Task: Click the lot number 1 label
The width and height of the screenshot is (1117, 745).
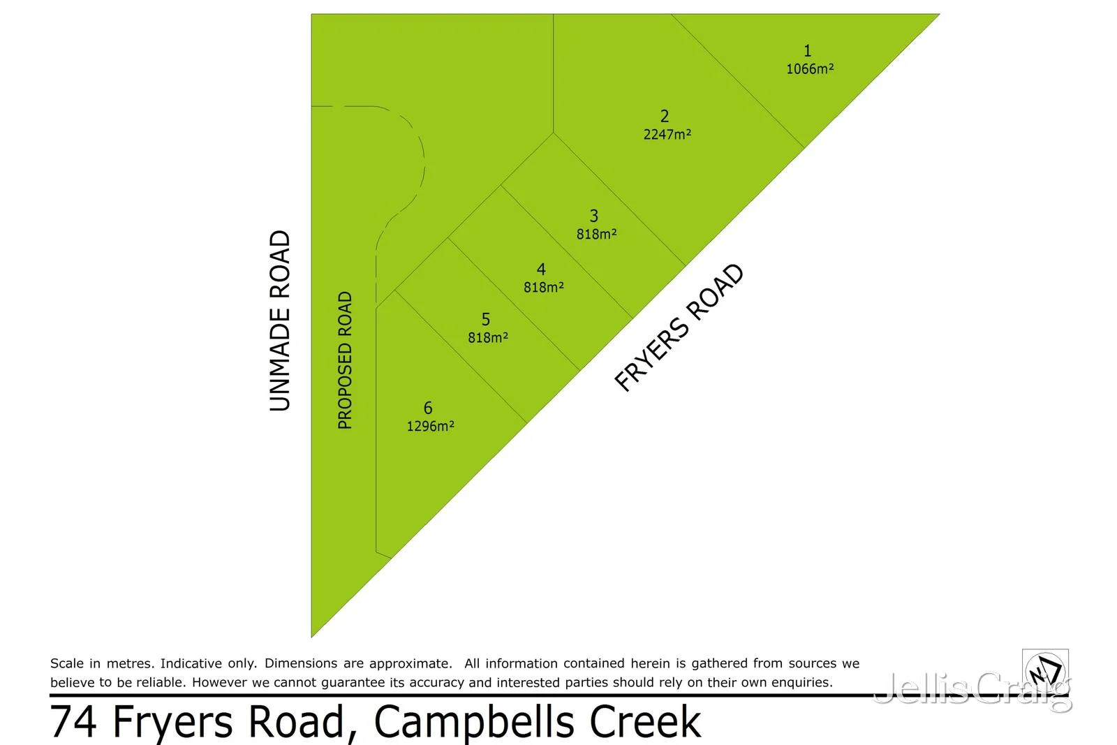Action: pos(808,51)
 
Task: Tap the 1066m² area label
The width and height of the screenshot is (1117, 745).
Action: pos(810,68)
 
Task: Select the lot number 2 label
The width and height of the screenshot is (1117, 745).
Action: pos(665,117)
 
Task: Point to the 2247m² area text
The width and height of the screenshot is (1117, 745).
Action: pos(667,134)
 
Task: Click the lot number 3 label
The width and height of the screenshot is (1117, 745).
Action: pos(594,216)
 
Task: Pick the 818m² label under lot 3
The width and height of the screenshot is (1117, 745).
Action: pos(596,234)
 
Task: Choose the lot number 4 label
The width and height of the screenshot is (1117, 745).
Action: pos(541,270)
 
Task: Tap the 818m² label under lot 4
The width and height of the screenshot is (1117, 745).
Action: pos(544,287)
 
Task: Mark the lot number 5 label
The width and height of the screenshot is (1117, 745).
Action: pos(486,320)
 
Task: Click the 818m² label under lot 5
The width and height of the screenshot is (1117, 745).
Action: pos(488,337)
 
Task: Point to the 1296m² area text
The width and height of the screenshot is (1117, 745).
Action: pos(430,426)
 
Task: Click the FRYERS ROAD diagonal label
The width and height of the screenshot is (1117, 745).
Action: pos(679,327)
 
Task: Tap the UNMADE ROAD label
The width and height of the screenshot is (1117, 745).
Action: pos(280,321)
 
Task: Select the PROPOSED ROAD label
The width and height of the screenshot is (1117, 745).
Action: pos(345,360)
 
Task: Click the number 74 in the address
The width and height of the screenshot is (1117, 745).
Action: pos(73,722)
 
